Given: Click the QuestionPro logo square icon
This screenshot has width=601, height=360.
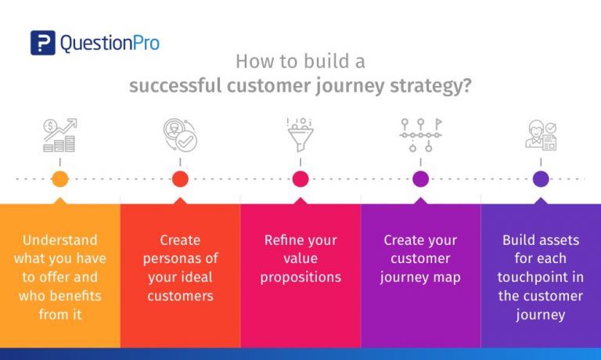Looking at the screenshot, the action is pyautogui.click(x=43, y=42).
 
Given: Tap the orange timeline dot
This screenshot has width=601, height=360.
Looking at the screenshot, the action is pyautogui.click(x=60, y=179).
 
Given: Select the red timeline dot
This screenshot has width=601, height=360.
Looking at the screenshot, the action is pyautogui.click(x=180, y=179).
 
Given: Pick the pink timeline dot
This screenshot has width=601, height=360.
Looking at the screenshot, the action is pyautogui.click(x=300, y=179).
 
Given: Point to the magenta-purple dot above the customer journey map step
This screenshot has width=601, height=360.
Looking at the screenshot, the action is pyautogui.click(x=420, y=179).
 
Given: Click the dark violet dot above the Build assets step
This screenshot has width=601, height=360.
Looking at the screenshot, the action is pyautogui.click(x=541, y=179).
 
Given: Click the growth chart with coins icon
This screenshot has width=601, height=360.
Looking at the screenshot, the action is pyautogui.click(x=59, y=135).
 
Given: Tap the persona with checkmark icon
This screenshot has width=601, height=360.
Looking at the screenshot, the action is pyautogui.click(x=180, y=135).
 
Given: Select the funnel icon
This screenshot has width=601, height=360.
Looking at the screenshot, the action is pyautogui.click(x=300, y=135).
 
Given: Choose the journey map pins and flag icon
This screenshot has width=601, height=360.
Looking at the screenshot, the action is pyautogui.click(x=420, y=135).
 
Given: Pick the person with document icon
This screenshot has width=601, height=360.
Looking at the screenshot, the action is pyautogui.click(x=541, y=135).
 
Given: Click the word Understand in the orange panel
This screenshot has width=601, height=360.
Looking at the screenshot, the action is pyautogui.click(x=60, y=240).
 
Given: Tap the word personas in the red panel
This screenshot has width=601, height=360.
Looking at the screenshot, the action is pyautogui.click(x=173, y=259).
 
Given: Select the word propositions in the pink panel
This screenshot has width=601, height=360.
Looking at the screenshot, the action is pyautogui.click(x=300, y=278).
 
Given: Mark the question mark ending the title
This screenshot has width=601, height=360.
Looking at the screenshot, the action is pyautogui.click(x=467, y=85).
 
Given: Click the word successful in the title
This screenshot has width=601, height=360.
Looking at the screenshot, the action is pyautogui.click(x=175, y=85).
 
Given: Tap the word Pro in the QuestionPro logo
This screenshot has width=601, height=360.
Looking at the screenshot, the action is pyautogui.click(x=146, y=42).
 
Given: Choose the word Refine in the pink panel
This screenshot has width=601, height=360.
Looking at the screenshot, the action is pyautogui.click(x=278, y=240).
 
